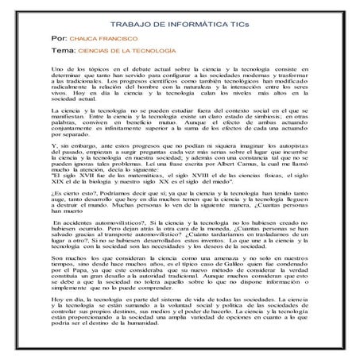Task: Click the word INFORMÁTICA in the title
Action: point(192,26)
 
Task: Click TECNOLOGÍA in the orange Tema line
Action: point(156,50)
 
